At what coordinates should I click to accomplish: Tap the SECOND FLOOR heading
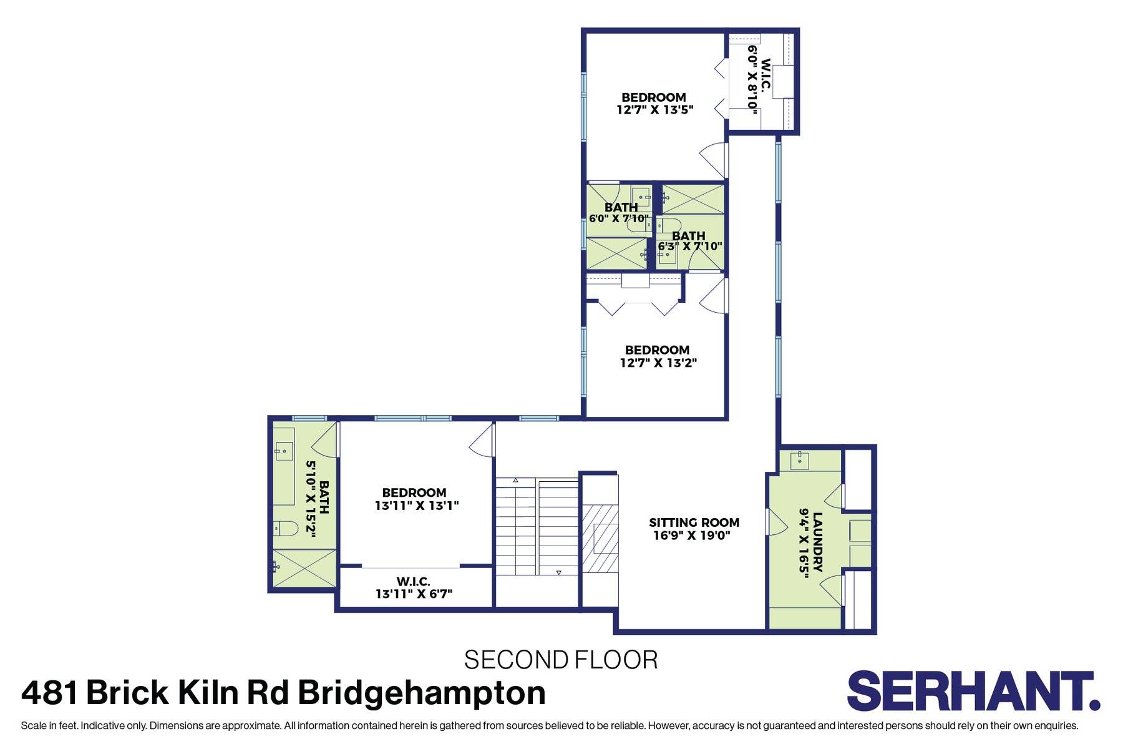click(x=561, y=660)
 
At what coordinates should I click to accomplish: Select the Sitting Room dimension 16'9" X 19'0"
click(x=692, y=536)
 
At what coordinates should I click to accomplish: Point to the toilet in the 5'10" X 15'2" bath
click(x=286, y=529)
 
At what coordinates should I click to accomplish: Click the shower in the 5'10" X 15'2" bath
click(x=304, y=568)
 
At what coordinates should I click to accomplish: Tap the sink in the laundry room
click(x=800, y=461)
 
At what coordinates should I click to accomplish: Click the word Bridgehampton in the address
click(x=421, y=693)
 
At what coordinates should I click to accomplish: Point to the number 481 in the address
click(x=50, y=693)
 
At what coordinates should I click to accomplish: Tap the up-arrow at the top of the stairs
click(x=516, y=480)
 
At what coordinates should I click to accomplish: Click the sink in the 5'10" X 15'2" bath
click(x=284, y=448)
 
